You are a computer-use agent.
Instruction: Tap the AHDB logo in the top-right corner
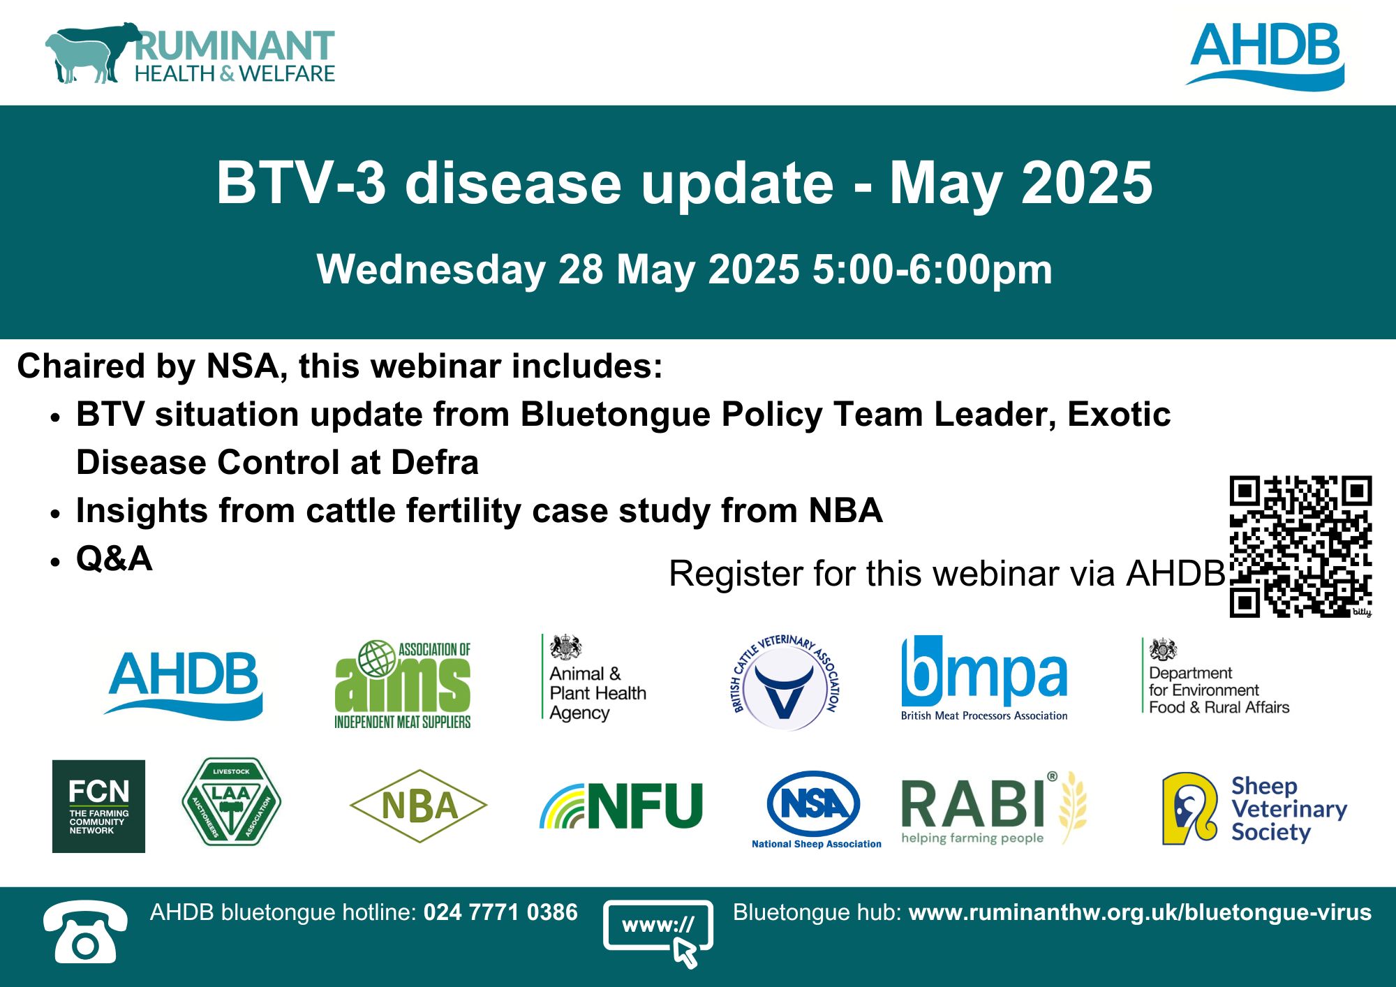tap(1265, 56)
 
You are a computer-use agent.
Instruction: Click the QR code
tap(1300, 547)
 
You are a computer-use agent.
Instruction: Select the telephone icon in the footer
tap(85, 932)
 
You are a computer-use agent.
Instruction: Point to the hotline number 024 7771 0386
tap(500, 912)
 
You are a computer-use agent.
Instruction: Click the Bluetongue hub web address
tap(1140, 912)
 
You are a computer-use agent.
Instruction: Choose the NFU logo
tap(621, 806)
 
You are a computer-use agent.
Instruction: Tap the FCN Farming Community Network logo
tap(98, 806)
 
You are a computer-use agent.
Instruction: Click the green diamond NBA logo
tap(418, 806)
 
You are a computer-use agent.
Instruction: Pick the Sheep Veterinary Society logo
tap(1254, 808)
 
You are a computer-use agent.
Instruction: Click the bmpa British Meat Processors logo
tap(984, 678)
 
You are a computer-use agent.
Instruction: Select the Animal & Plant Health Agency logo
tap(595, 678)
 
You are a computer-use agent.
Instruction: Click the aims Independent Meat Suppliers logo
tap(403, 684)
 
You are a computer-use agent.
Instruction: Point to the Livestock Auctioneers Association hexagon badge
tap(231, 802)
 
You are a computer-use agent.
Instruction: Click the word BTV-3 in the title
tap(301, 183)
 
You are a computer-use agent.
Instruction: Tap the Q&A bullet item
tap(114, 558)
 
